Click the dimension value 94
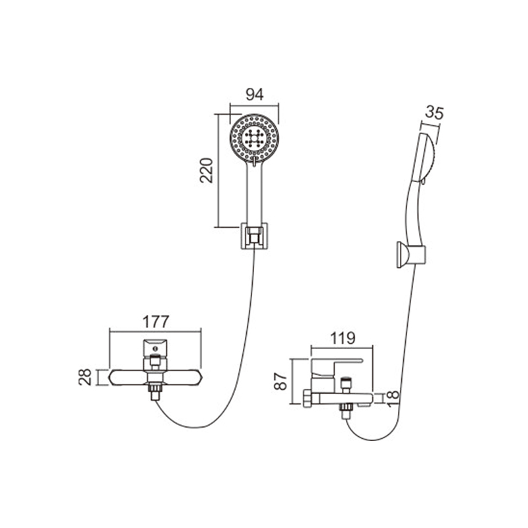pos(254,94)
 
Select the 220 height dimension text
pos(207,170)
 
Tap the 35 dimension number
pos(434,112)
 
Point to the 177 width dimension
pos(155,322)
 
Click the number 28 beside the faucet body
pos(85,377)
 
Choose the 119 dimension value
pos(342,338)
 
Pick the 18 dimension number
pos(393,399)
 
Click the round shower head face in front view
pos(254,139)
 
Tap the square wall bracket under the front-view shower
pos(254,236)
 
